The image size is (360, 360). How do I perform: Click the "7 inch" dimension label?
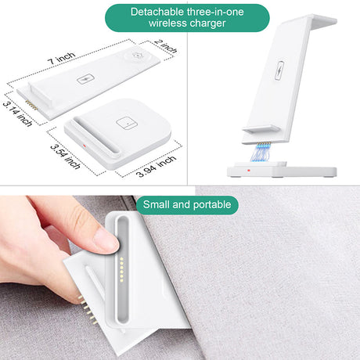tap(61, 58)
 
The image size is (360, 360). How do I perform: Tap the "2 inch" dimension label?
tap(166, 46)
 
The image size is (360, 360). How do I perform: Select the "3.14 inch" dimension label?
tap(17, 114)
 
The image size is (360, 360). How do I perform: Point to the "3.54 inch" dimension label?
tap(65, 157)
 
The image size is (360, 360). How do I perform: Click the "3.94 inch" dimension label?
tap(157, 167)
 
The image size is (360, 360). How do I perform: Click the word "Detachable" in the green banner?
tap(157, 12)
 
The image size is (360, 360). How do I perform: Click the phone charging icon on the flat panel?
tap(85, 79)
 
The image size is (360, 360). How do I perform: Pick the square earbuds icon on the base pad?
tap(124, 124)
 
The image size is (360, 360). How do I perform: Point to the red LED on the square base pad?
tap(84, 146)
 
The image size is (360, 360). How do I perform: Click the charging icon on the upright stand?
tap(279, 70)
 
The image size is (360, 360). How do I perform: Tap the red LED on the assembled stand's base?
tap(249, 171)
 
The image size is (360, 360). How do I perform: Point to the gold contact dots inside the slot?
tap(121, 269)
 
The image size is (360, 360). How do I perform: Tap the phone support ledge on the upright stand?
tap(261, 129)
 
